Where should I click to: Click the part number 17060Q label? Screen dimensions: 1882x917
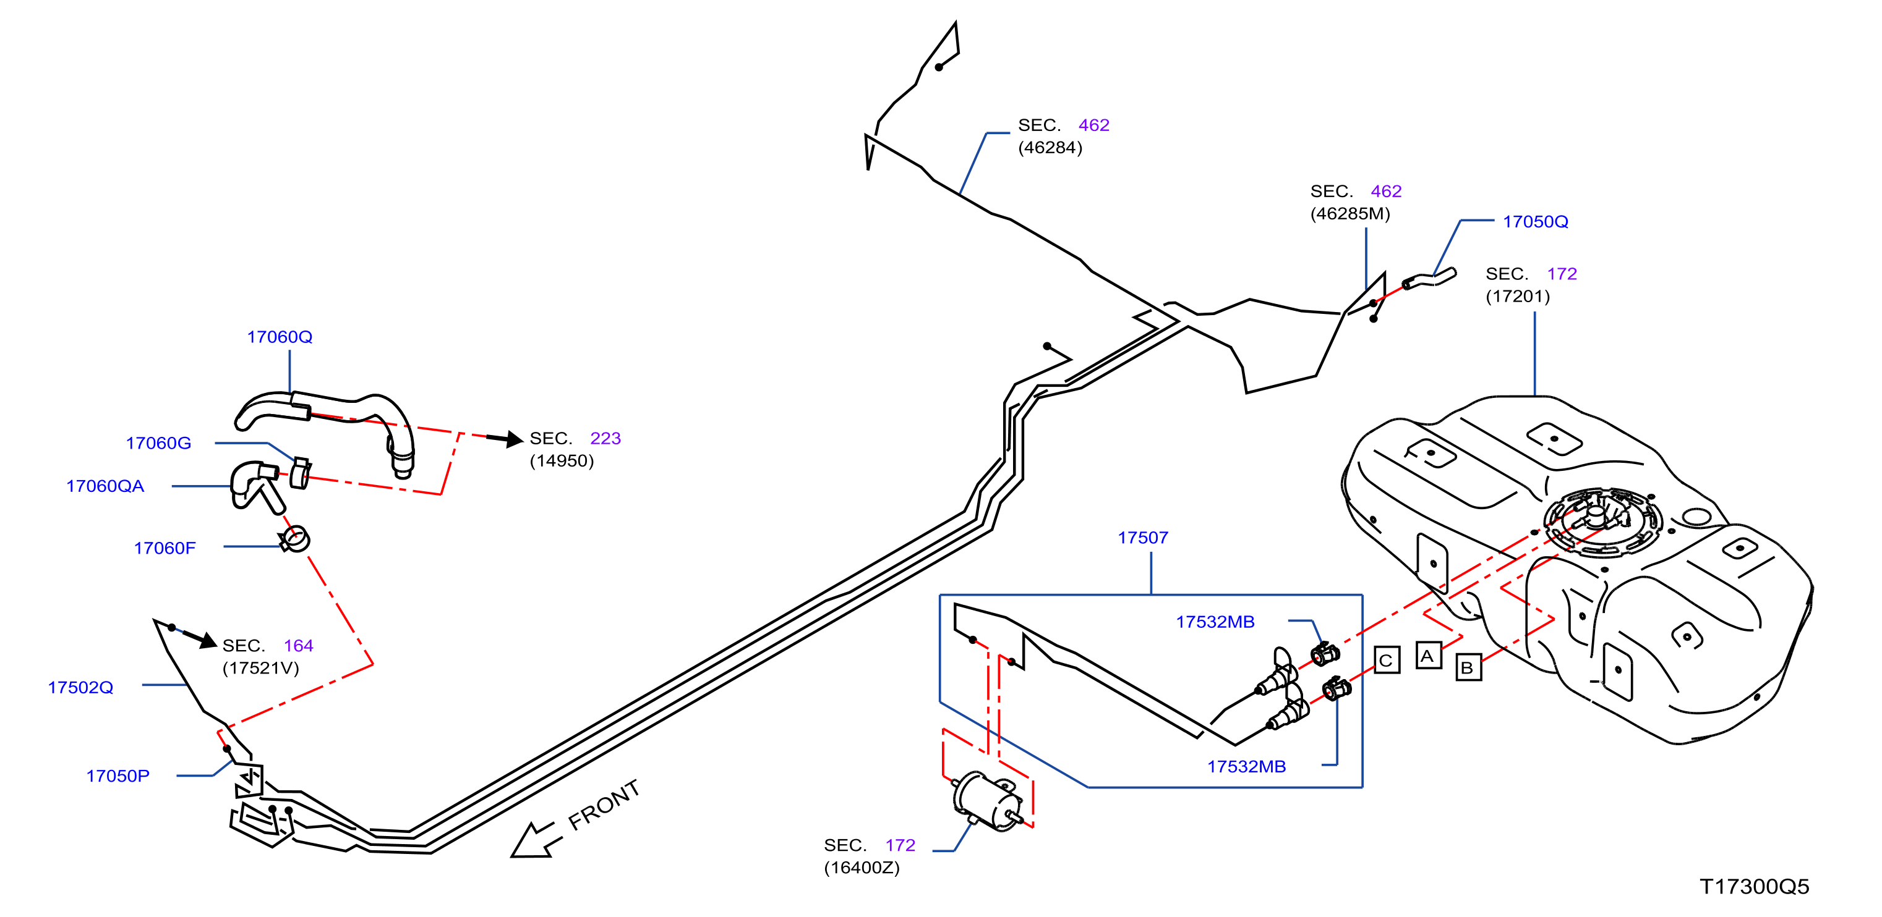click(x=280, y=337)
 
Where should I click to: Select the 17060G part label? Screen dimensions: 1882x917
click(x=158, y=443)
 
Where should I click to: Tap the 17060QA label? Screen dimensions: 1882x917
click(x=105, y=486)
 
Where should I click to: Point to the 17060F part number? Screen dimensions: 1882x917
click(x=165, y=548)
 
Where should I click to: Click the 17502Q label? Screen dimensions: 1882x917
click(x=80, y=688)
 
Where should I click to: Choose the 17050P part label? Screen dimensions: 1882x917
click(x=118, y=776)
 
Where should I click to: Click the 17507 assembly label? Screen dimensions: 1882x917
click(x=1143, y=538)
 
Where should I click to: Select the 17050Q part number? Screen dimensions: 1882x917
click(x=1535, y=222)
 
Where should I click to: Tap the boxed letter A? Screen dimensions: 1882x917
click(x=1427, y=656)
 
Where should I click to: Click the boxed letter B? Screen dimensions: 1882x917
click(x=1468, y=667)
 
